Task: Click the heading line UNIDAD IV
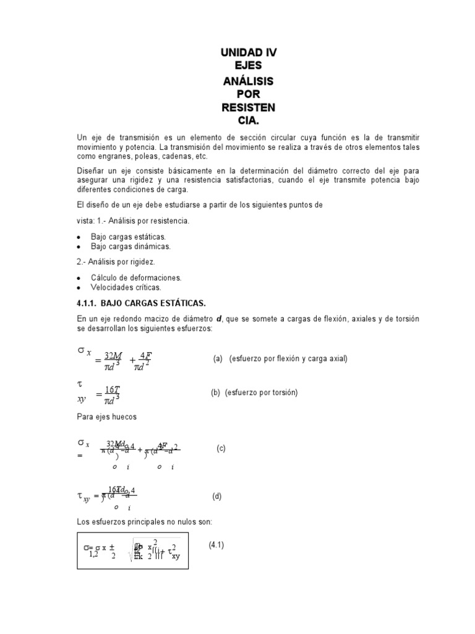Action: click(249, 53)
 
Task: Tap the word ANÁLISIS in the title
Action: click(249, 81)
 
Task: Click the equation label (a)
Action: click(218, 358)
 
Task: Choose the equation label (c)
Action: click(221, 448)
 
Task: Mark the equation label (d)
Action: click(217, 496)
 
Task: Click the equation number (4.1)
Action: click(216, 545)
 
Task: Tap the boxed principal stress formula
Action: click(132, 551)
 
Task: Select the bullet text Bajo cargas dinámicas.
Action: click(131, 246)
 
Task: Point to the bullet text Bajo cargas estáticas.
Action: click(128, 237)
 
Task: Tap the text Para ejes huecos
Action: click(106, 417)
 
